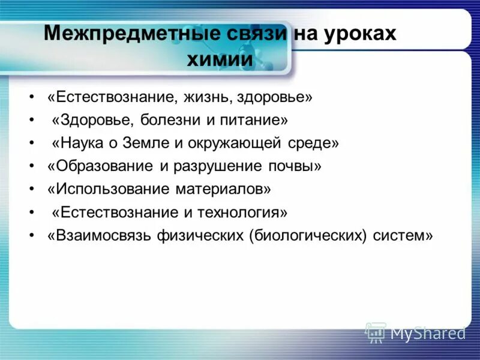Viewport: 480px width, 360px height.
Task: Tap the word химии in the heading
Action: pos(220,59)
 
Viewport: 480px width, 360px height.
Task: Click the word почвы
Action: pos(296,166)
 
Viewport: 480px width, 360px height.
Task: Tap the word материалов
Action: pos(223,189)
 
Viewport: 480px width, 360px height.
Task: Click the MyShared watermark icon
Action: pos(376,332)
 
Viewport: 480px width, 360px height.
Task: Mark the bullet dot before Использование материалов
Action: pos(31,190)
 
